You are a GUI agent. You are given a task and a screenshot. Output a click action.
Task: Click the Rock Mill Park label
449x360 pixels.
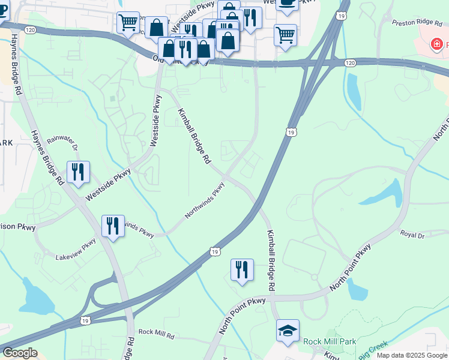(x=330, y=341)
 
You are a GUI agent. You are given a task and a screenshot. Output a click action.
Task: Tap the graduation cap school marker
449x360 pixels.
(x=288, y=331)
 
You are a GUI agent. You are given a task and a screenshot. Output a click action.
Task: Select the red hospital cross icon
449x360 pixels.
(x=438, y=44)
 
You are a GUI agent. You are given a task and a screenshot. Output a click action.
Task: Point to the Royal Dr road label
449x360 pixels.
(x=412, y=235)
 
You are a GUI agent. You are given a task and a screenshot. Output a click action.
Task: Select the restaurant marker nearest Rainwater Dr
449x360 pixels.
(x=78, y=172)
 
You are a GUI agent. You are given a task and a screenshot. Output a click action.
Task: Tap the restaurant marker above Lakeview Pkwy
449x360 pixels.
(x=113, y=226)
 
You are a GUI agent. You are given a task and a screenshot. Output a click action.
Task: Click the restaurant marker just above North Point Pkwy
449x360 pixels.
(x=242, y=270)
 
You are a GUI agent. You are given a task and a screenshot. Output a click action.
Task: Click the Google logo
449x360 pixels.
(x=19, y=353)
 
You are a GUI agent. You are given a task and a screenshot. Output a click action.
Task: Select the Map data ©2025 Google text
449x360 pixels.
(x=412, y=355)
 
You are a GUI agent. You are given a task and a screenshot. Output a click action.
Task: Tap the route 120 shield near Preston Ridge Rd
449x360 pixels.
(x=350, y=62)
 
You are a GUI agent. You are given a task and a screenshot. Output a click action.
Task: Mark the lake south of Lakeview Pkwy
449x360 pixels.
(x=35, y=298)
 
